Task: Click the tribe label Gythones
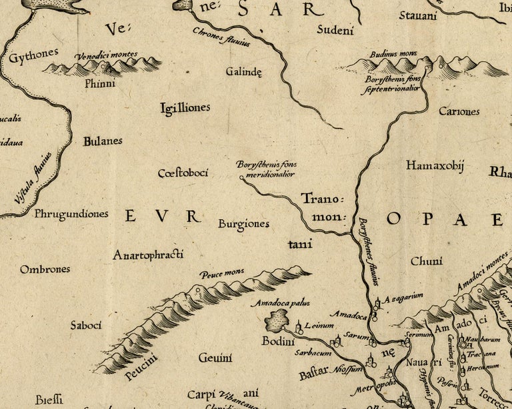click(x=34, y=56)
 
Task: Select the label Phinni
click(x=100, y=84)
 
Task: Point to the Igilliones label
click(x=185, y=107)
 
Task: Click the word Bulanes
click(x=103, y=141)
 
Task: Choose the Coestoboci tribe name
click(x=183, y=173)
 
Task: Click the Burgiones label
click(x=243, y=224)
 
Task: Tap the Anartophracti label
click(x=148, y=255)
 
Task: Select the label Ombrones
click(x=45, y=270)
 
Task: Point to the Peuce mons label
click(x=221, y=273)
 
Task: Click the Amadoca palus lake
click(x=275, y=323)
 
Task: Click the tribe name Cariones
click(x=459, y=111)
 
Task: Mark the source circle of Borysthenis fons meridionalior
click(x=241, y=178)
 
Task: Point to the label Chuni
click(x=426, y=262)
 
